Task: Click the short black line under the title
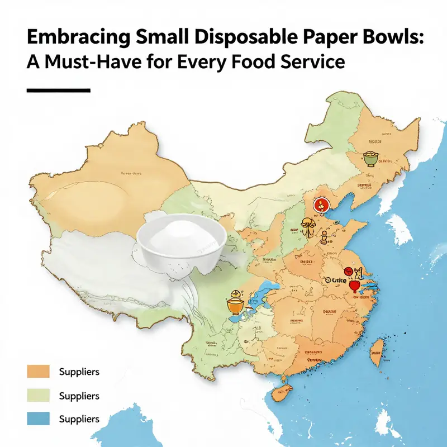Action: point(58,90)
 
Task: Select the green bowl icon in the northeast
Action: point(369,158)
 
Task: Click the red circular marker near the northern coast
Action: point(320,206)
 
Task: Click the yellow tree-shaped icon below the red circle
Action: point(307,226)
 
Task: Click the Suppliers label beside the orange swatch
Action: point(79,372)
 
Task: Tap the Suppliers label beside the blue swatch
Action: point(79,419)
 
